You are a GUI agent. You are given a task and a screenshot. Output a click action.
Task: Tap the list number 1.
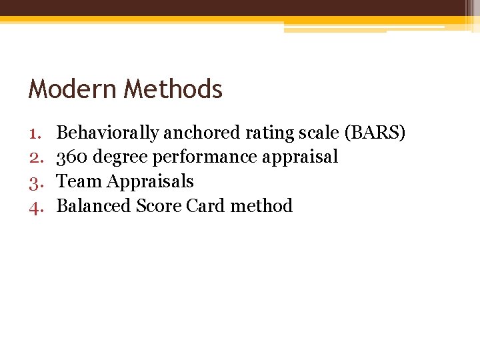(35, 133)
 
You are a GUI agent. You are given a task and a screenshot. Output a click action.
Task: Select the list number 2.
(35, 157)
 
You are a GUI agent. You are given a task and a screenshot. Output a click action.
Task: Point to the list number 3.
(35, 181)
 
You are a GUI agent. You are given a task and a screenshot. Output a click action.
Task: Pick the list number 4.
(35, 206)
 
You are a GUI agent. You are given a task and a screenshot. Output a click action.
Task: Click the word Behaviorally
(107, 133)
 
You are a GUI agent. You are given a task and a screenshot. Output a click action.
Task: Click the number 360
(73, 157)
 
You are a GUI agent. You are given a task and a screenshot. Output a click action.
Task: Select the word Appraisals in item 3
(150, 182)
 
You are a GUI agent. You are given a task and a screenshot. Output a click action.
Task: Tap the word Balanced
(94, 205)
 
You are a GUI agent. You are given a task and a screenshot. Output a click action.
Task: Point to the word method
(261, 205)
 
